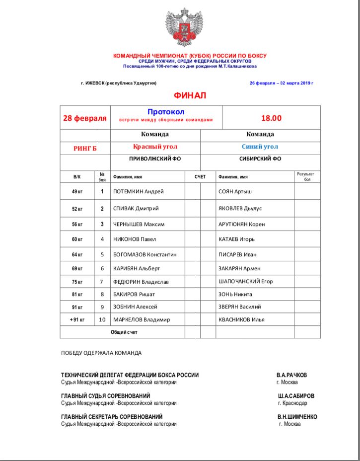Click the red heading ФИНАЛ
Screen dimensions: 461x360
pos(190,95)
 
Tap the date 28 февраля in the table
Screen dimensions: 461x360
pos(85,118)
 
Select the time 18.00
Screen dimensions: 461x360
pos(271,118)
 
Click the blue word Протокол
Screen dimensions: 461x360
pos(166,112)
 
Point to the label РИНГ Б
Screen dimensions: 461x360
pos(85,148)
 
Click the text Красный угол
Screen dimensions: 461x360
pos(155,147)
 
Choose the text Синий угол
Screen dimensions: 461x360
pos(260,147)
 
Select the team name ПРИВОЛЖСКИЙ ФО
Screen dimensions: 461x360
pos(155,159)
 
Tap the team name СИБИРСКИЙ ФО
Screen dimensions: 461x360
pos(260,159)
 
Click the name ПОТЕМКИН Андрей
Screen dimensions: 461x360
pos(139,192)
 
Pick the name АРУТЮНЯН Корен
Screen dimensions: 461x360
pos(242,224)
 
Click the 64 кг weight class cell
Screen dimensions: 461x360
pos(77,255)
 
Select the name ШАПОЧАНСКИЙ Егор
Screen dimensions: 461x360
pos(246,282)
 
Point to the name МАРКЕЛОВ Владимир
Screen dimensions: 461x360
pos(142,319)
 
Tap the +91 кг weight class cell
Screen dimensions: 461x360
pos(77,319)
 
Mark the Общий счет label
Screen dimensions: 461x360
pos(124,331)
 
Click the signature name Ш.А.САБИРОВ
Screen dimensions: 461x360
pos(296,396)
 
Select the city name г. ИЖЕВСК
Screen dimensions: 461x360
pos(93,83)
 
